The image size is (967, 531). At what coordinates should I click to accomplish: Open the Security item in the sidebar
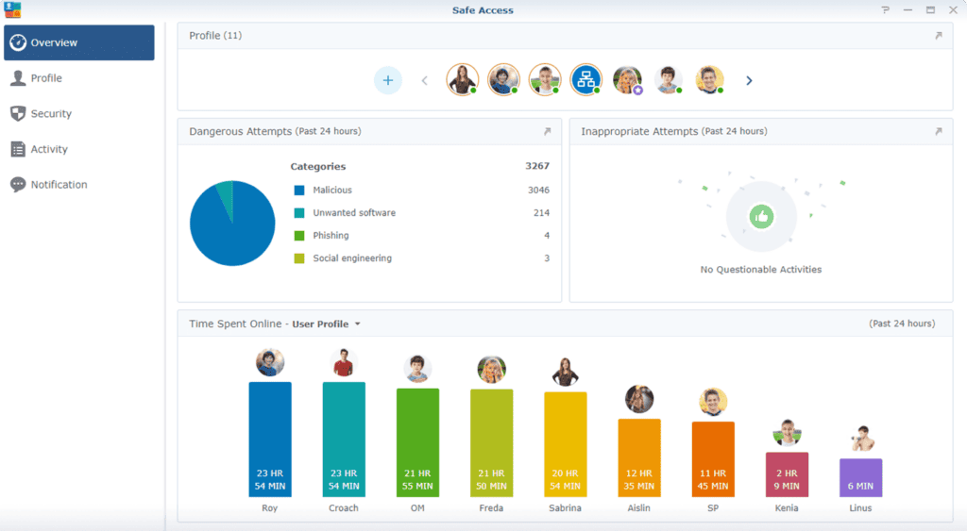(x=51, y=114)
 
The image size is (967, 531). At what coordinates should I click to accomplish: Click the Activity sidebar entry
(x=49, y=149)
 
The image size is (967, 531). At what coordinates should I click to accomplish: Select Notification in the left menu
(x=59, y=185)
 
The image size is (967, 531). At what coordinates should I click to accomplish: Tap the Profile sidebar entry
(x=46, y=78)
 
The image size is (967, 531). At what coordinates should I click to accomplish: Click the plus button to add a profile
(x=387, y=80)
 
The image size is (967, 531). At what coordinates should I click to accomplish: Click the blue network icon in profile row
(x=585, y=79)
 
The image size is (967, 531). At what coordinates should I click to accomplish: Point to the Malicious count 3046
(x=538, y=191)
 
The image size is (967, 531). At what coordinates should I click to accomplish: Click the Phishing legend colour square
(x=299, y=236)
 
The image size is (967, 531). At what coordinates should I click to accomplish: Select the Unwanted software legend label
(x=354, y=213)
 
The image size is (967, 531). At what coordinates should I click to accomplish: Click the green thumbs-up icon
(x=761, y=217)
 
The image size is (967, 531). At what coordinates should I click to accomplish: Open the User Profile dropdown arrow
(x=358, y=324)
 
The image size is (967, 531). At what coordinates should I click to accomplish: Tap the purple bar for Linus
(x=860, y=477)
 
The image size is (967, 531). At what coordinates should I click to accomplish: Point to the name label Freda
(x=491, y=508)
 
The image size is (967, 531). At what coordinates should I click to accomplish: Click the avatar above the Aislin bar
(x=639, y=399)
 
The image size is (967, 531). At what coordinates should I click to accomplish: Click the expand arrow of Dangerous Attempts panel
(x=548, y=131)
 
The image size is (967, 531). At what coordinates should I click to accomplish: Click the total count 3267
(x=537, y=167)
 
